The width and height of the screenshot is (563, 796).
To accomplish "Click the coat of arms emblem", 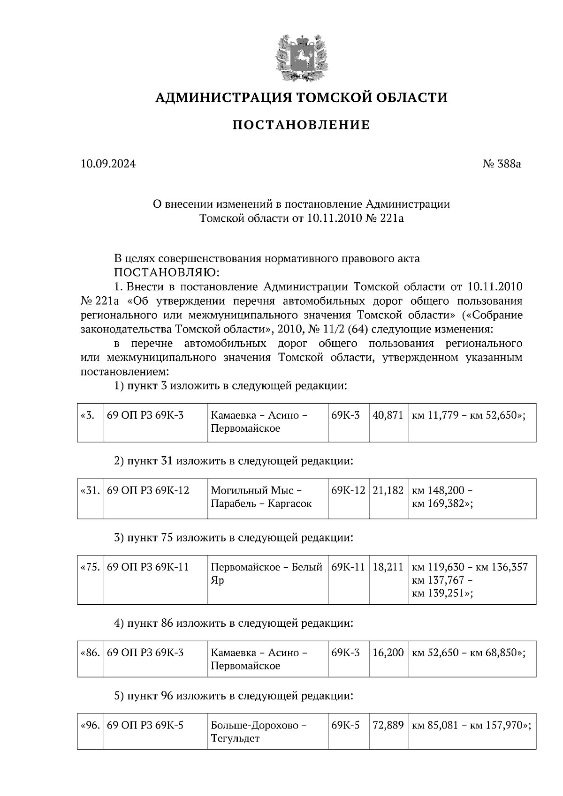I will [x=301, y=58].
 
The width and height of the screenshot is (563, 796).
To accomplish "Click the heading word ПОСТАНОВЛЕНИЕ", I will [x=301, y=125].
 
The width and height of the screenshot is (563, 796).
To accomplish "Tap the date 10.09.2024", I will [x=108, y=164].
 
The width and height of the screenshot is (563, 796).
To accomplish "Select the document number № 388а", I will [x=502, y=164].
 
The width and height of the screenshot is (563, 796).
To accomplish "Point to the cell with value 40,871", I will [x=388, y=416].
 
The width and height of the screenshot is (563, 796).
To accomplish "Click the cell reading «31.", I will [x=90, y=491].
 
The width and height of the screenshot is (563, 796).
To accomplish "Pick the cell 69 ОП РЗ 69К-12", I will [x=148, y=491].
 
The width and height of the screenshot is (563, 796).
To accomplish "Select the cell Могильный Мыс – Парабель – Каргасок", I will [x=261, y=497].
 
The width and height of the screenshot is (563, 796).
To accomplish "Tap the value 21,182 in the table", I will [x=388, y=491].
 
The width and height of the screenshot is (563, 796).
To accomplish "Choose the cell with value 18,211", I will [x=388, y=567].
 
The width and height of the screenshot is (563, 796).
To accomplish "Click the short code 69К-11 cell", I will [x=348, y=567].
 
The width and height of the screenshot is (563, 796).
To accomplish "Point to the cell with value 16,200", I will [x=388, y=653].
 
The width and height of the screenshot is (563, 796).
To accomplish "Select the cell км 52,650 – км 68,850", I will [x=468, y=653].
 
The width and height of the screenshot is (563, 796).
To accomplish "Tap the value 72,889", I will [x=388, y=726].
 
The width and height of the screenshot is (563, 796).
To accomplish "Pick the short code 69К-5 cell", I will [x=345, y=726].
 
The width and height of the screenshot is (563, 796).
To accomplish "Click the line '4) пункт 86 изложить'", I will [x=233, y=623].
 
